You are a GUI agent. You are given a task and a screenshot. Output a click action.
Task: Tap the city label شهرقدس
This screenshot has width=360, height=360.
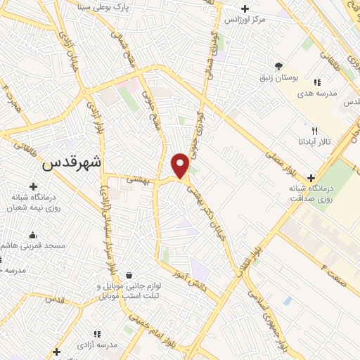point(72,162)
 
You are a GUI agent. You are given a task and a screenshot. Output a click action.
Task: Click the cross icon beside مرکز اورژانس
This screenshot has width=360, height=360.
point(244,8)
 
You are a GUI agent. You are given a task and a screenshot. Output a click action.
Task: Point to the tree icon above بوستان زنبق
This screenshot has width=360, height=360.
point(279,65)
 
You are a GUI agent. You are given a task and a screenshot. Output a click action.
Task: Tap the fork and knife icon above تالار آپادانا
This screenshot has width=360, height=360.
point(314,130)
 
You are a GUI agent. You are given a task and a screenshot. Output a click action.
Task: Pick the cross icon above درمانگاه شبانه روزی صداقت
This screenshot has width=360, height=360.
point(311,177)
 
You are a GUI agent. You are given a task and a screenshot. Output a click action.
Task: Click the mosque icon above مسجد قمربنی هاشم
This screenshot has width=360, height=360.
point(32,235)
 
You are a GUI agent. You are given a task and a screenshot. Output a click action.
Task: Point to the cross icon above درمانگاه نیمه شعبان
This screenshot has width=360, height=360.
point(33,186)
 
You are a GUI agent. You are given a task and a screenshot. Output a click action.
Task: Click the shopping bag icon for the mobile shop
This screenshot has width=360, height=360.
point(128,275)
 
